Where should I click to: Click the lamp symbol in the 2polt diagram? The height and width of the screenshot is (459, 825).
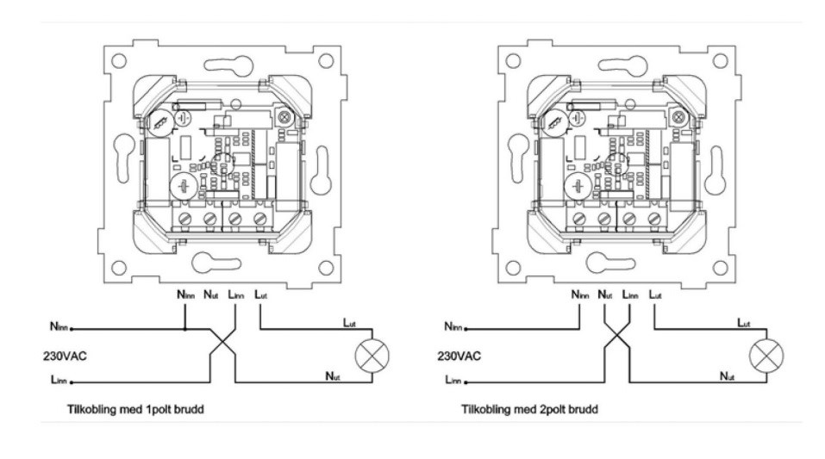point(762,354)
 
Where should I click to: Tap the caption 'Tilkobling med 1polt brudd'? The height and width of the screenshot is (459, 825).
point(135,409)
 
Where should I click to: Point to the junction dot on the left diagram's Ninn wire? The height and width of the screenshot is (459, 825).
point(186,328)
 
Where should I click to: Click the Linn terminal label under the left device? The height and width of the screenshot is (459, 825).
point(235,295)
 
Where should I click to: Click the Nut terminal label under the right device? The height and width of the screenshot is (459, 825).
point(605,295)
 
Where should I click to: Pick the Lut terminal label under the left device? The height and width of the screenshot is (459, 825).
point(259,295)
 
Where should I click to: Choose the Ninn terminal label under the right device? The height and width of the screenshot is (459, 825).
point(581,295)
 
